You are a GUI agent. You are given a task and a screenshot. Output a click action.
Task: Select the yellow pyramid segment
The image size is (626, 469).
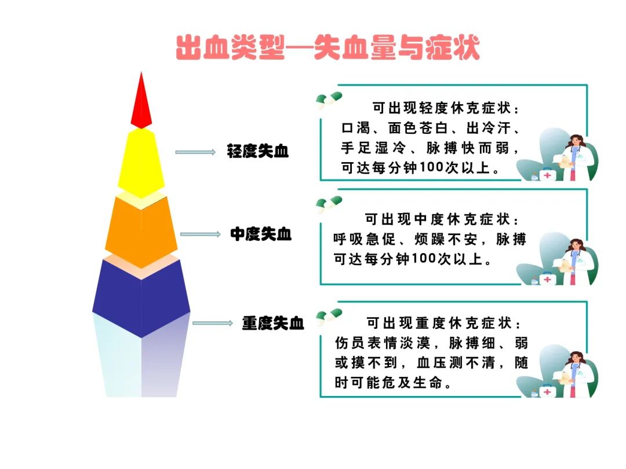pyautogui.click(x=141, y=163)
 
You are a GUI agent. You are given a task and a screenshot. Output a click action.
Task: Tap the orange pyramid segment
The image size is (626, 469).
pyautogui.click(x=141, y=231)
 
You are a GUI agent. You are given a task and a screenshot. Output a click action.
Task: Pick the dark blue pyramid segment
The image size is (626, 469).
pyautogui.click(x=141, y=297)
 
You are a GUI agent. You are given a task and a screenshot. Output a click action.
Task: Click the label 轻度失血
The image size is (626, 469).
pyautogui.click(x=258, y=151)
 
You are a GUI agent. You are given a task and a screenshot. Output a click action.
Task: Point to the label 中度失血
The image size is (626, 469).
pyautogui.click(x=261, y=234)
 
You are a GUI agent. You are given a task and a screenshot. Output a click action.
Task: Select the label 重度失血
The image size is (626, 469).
pyautogui.click(x=273, y=323)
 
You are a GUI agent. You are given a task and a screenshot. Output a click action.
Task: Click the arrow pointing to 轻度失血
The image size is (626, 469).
pyautogui.click(x=196, y=152)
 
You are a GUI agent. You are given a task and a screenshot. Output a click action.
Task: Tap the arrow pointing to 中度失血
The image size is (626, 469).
pyautogui.click(x=201, y=234)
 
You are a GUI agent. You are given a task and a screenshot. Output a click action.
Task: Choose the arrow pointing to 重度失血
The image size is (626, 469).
pyautogui.click(x=213, y=323)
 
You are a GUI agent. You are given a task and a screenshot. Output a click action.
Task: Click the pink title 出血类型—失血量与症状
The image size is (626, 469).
pyautogui.click(x=327, y=48)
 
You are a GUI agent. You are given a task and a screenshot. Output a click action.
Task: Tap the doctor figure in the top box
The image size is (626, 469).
pyautogui.click(x=575, y=157)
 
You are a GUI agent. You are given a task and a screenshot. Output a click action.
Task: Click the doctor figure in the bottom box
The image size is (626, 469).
pyautogui.click(x=575, y=375)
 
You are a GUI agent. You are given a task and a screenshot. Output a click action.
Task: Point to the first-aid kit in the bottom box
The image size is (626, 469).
pyautogui.click(x=547, y=391)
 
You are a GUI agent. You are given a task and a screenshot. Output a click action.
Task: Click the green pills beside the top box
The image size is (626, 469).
pyautogui.click(x=329, y=100)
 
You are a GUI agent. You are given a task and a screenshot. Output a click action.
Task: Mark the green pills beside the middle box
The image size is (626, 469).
pyautogui.click(x=329, y=204)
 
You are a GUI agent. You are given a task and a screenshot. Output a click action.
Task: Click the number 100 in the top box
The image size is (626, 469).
pyautogui.click(x=432, y=167)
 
